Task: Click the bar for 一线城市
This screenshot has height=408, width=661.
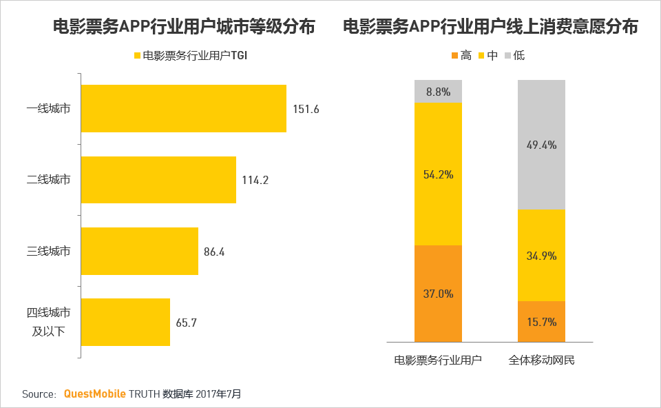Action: tap(183, 108)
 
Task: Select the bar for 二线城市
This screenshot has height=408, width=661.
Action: tap(158, 180)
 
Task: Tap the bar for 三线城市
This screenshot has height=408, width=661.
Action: tap(139, 252)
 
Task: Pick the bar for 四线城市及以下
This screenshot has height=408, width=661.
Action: tap(125, 322)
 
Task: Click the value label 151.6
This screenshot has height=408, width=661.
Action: tap(306, 109)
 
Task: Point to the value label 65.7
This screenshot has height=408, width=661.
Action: tap(186, 323)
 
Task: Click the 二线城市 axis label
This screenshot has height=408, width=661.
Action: tap(48, 180)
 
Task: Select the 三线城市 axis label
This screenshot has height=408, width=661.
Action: tap(48, 252)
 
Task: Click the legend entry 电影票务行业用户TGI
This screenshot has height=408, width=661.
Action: tap(189, 56)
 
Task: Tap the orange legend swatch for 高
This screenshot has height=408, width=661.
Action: tap(454, 56)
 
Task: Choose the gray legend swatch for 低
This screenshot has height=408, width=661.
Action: tap(508, 56)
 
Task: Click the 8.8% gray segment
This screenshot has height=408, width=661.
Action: tap(438, 91)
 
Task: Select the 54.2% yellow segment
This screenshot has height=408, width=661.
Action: tap(438, 174)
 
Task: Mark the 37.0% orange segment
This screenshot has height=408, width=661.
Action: tap(438, 293)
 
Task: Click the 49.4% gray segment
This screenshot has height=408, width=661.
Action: tap(541, 144)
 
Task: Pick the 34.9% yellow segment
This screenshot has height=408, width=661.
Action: tap(541, 255)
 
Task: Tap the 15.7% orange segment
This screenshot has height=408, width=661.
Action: tap(541, 321)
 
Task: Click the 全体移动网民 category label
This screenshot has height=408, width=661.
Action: tap(541, 360)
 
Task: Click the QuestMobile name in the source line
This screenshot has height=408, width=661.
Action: tap(94, 394)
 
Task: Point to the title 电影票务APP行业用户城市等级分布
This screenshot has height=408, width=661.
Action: tap(184, 27)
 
